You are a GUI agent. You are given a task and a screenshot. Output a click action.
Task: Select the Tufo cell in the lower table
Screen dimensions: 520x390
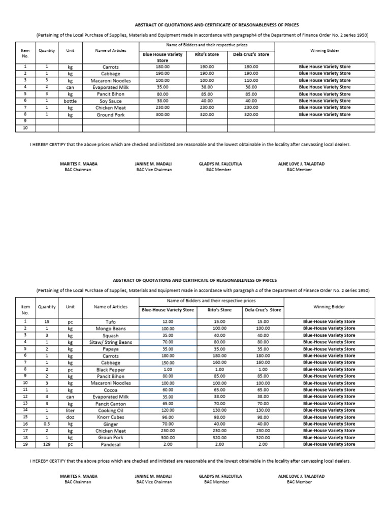pos(111,322)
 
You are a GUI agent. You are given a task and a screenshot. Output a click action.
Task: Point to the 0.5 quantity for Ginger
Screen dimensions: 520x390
pos(47,424)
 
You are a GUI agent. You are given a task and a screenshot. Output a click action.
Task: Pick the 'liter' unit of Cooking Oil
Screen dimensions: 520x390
pos(70,410)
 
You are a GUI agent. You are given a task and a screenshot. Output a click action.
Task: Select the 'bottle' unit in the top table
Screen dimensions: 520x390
pos(70,101)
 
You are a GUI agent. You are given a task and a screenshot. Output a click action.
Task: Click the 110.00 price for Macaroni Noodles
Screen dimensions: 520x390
pos(251,81)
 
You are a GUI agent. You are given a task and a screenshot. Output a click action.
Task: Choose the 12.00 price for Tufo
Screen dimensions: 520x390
pos(168,322)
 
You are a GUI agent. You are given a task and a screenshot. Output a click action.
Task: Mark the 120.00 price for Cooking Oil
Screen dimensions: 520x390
pos(168,410)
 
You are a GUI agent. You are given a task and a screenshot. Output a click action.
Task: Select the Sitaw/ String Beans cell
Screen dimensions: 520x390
pos(111,342)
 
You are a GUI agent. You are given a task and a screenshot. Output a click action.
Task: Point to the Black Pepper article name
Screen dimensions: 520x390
pos(111,370)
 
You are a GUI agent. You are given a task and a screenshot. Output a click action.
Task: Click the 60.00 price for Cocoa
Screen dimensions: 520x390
pos(168,390)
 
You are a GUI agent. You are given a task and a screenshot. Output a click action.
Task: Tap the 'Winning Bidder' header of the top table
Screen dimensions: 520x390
pos(324,51)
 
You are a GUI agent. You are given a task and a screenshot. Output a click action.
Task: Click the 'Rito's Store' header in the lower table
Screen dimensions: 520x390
pos(220,310)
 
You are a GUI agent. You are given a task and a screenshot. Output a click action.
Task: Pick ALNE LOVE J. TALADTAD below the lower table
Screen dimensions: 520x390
pos(301,476)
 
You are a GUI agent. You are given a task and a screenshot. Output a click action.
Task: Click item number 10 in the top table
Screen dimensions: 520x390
pos(25,128)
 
